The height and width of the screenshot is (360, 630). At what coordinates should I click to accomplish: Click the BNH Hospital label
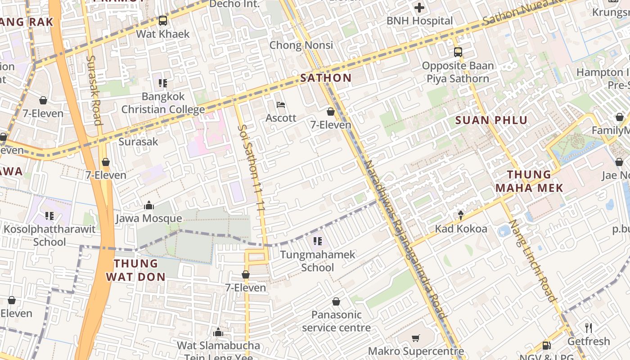tap(419, 21)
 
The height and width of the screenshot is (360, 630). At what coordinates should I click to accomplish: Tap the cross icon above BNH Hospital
tap(419, 8)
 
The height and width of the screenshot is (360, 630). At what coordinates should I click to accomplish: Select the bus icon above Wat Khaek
tap(163, 21)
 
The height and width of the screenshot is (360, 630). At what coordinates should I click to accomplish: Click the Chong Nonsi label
tap(301, 45)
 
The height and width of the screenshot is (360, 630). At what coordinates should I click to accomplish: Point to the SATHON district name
tap(326, 78)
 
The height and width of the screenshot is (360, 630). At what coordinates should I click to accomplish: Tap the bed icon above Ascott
tap(281, 105)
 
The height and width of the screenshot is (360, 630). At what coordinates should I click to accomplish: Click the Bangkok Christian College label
tap(163, 103)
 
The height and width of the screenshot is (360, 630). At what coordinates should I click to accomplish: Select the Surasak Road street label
tap(94, 90)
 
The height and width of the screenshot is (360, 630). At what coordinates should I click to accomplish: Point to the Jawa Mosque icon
tap(149, 206)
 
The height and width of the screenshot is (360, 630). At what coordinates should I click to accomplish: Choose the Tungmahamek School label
tap(318, 261)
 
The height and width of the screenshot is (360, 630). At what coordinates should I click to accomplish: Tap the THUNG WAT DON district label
tap(136, 270)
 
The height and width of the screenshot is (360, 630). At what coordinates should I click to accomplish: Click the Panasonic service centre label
tap(336, 321)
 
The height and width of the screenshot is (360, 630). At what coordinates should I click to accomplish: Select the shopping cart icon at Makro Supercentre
tap(416, 338)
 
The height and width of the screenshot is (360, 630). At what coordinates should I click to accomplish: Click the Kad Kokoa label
tap(461, 229)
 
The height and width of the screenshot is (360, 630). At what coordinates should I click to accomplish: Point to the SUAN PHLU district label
tap(491, 120)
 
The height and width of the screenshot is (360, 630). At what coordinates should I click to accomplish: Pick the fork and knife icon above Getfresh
tap(588, 328)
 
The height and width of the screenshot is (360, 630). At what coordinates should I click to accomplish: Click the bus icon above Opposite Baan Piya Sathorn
tap(458, 52)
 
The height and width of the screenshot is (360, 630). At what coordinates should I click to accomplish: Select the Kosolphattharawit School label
tap(49, 235)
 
